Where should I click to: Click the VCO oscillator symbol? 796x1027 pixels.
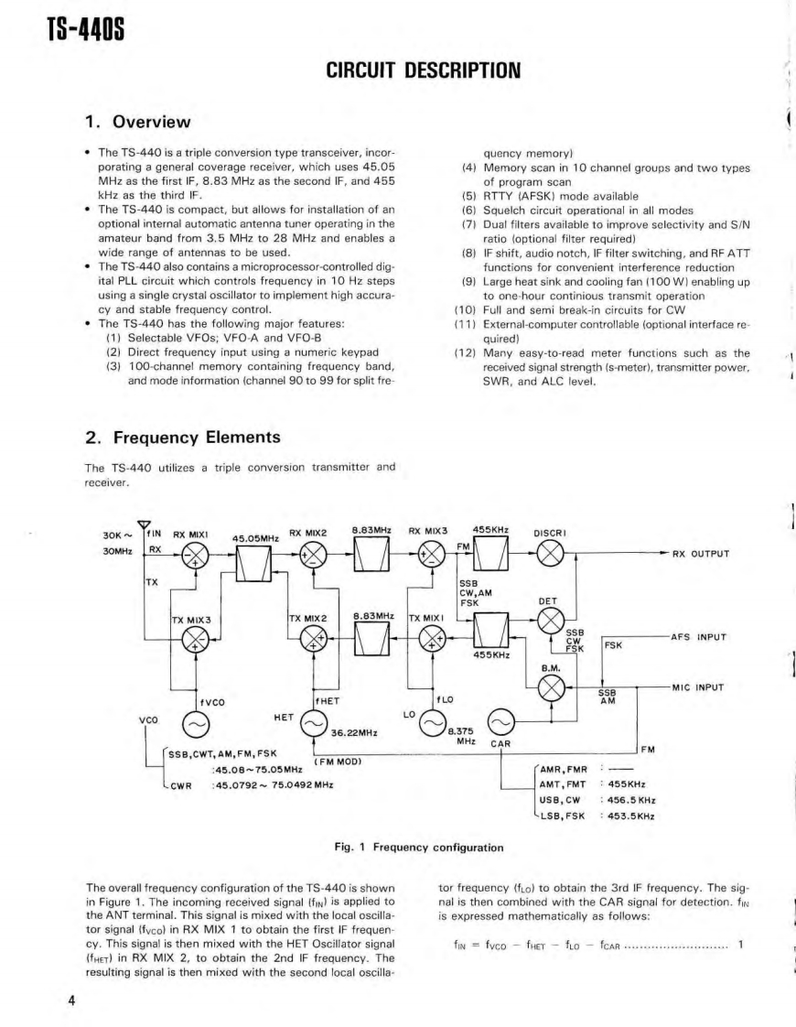[195, 725]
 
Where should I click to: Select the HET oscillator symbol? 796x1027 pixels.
[314, 725]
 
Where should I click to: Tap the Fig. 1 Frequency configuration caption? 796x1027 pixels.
[420, 847]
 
